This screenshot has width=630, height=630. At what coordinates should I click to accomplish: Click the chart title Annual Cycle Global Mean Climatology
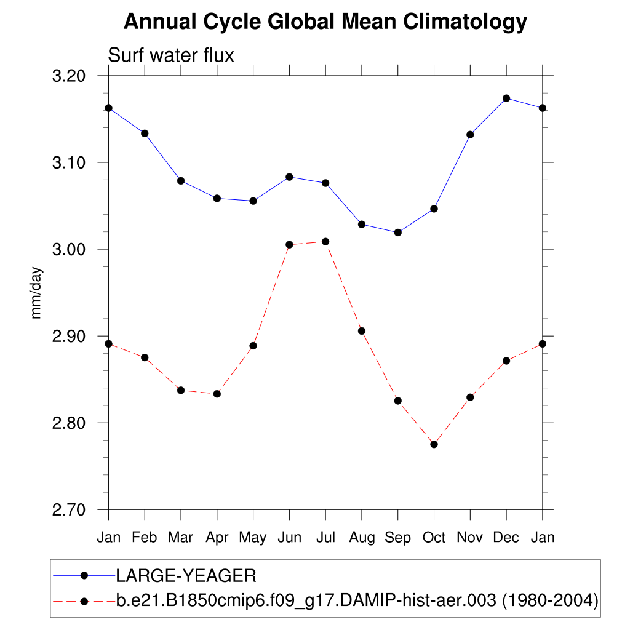click(325, 22)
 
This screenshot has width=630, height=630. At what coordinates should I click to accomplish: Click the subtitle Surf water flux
click(171, 55)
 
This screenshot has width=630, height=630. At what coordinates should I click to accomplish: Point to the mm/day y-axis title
click(37, 293)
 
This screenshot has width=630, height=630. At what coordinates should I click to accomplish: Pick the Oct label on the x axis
click(434, 538)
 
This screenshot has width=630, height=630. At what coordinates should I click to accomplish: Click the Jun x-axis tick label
click(289, 538)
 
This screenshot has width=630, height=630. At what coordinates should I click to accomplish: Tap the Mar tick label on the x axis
click(181, 538)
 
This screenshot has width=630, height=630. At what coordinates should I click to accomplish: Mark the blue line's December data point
click(506, 98)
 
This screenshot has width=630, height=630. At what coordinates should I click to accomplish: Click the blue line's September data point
click(398, 233)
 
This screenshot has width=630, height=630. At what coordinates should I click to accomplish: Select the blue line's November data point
click(470, 135)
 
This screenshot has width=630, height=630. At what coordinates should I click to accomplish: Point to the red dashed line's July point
click(325, 241)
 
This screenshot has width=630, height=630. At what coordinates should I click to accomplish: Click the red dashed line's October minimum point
click(434, 444)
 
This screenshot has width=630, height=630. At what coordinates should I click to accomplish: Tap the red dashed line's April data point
click(217, 394)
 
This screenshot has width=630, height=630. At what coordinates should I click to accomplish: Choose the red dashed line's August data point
click(362, 331)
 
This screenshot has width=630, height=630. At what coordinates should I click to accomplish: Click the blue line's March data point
click(181, 181)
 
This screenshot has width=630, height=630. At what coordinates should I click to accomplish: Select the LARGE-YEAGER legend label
click(186, 576)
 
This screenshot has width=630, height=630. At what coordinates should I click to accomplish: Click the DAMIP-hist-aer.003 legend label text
click(357, 600)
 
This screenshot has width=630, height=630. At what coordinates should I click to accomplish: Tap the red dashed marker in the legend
click(85, 600)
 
